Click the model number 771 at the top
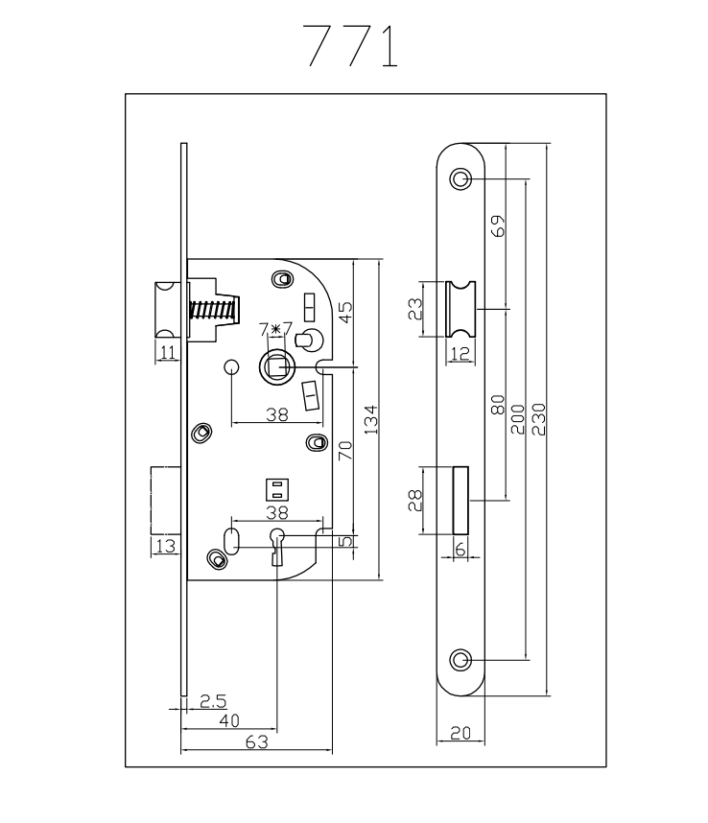pos(350,46)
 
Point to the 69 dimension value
pos(498,226)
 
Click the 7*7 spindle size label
pos(276,330)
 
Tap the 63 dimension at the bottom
pos(255,742)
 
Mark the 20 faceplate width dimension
pos(460,734)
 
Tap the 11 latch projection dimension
pos(168,352)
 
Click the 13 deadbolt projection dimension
pos(164,546)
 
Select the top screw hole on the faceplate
pos(462,179)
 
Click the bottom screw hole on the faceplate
pos(462,659)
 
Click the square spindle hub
pos(276,365)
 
